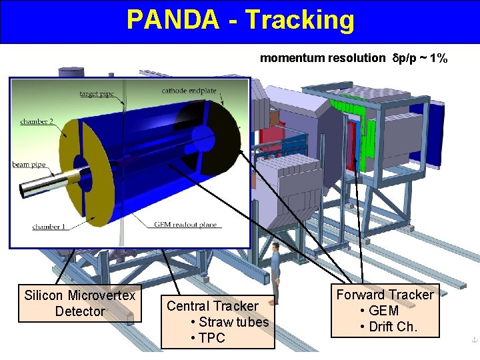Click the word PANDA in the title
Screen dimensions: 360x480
(x=172, y=20)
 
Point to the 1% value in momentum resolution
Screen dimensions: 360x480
(x=438, y=58)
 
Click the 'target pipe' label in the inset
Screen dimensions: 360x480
(x=96, y=94)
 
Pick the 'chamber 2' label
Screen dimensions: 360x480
(x=36, y=121)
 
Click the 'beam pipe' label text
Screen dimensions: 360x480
(x=28, y=164)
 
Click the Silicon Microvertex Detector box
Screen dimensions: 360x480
(x=79, y=303)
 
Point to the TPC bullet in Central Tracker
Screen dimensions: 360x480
(x=211, y=338)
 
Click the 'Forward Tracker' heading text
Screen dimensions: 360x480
(x=385, y=295)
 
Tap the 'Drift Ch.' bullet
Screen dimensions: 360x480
(x=392, y=327)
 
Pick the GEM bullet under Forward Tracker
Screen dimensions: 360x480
(x=383, y=311)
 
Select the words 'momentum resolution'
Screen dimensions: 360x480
(x=322, y=58)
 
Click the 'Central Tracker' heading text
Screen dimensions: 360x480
(x=212, y=306)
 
